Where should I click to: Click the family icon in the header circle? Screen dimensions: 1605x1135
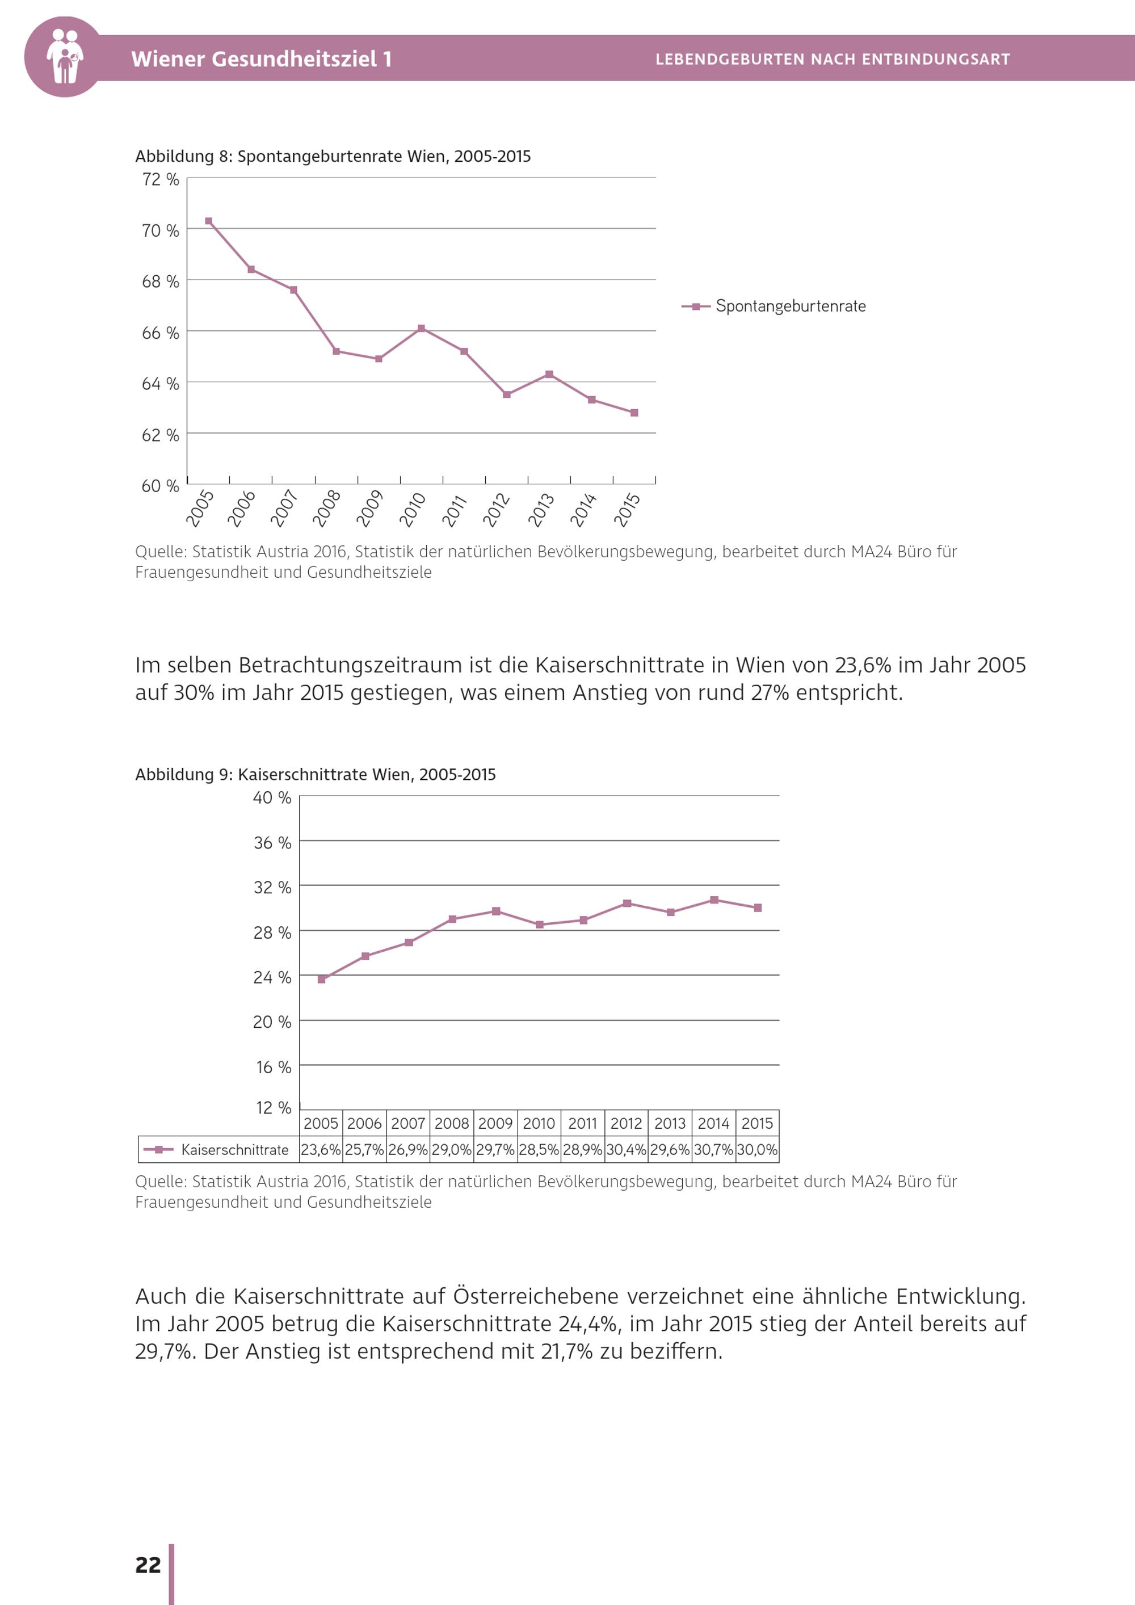coord(64,56)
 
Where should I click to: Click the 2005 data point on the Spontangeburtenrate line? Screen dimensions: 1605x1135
coord(208,221)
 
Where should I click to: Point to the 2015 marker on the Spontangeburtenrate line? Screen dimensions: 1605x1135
coord(634,413)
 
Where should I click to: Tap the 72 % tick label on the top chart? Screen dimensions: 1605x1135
coord(161,180)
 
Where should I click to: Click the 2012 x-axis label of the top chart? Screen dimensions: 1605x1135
coord(497,509)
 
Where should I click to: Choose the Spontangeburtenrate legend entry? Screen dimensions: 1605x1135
coord(790,306)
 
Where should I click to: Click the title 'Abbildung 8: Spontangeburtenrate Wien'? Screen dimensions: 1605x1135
coord(333,156)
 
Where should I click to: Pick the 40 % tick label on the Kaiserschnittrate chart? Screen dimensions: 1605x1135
coord(272,797)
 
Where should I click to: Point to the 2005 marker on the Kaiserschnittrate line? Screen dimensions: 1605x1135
coord(322,980)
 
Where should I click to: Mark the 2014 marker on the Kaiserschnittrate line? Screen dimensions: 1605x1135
coord(713,900)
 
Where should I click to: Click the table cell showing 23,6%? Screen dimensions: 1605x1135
coord(321,1150)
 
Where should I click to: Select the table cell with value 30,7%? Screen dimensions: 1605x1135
coord(713,1150)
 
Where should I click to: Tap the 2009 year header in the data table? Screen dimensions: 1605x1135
coord(495,1123)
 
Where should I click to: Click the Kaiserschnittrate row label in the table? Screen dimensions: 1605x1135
coord(234,1150)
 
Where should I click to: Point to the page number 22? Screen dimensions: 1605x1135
coord(148,1565)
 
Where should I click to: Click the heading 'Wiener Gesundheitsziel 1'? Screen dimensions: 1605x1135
coord(262,58)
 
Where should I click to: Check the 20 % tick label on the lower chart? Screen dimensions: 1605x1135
coord(272,1022)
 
